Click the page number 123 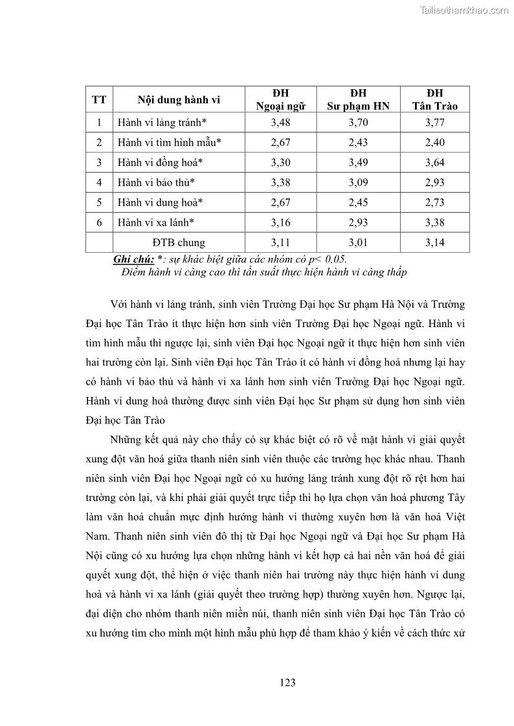(289, 682)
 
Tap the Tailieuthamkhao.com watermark (465, 10)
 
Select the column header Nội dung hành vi (179, 100)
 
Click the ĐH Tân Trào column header (434, 100)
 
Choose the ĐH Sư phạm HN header (358, 100)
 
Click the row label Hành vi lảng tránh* (162, 122)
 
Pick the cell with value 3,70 (358, 122)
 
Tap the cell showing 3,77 (434, 122)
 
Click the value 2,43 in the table (358, 142)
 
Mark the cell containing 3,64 (434, 162)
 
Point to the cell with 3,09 (358, 182)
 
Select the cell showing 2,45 (358, 202)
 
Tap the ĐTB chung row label (179, 242)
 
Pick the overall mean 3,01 (358, 242)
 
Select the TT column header (99, 100)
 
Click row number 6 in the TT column (99, 222)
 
